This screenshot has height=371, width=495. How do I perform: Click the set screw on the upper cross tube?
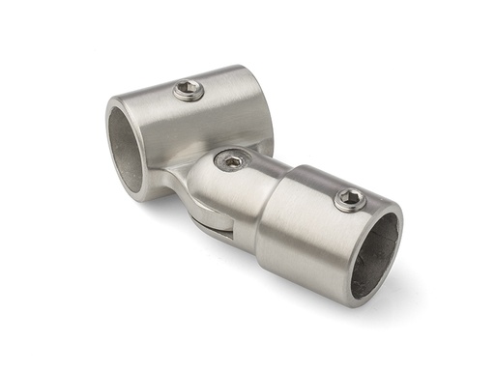click(189, 92)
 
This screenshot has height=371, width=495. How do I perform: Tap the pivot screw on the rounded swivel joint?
click(232, 160)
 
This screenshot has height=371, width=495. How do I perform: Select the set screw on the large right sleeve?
click(350, 200)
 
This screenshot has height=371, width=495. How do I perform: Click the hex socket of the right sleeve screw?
click(350, 200)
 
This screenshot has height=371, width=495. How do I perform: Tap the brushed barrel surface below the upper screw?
click(203, 126)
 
